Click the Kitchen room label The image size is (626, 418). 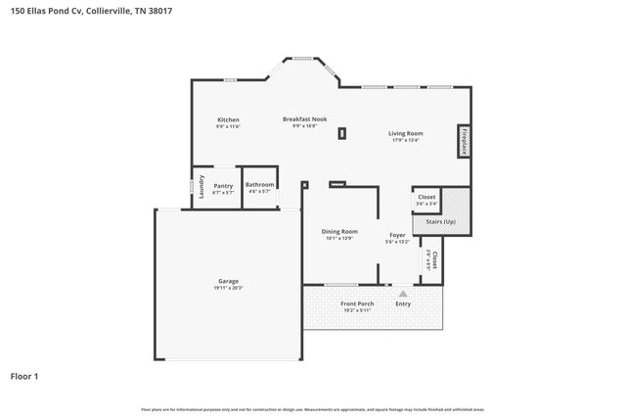[x=228, y=119]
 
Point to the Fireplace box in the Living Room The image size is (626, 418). [x=464, y=142]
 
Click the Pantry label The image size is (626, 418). [x=223, y=185]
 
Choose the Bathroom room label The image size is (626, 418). [x=259, y=184]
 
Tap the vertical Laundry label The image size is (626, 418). [x=201, y=186]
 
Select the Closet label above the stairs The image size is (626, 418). [x=426, y=197]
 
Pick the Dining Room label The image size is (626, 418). [x=339, y=231]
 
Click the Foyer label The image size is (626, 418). [x=397, y=235]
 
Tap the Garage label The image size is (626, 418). [x=228, y=281]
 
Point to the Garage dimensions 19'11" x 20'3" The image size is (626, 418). [x=228, y=288]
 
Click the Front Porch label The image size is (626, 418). [x=357, y=303]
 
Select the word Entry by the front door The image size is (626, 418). [x=403, y=303]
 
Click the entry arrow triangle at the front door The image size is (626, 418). [x=402, y=292]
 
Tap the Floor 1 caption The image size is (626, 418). [x=25, y=375]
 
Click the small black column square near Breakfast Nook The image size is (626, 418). [x=341, y=134]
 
